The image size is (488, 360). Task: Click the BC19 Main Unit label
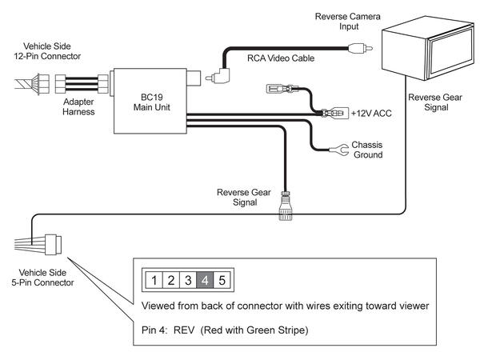(x=151, y=102)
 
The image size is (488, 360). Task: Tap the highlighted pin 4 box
(x=205, y=280)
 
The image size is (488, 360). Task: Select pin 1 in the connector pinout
(x=154, y=280)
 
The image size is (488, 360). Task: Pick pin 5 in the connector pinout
(x=222, y=280)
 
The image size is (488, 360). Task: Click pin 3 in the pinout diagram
(x=188, y=280)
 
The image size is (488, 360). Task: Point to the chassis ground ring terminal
(x=339, y=150)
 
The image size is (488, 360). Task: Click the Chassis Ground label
(x=367, y=150)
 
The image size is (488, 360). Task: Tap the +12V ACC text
(x=371, y=114)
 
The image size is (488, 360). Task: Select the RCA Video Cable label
(x=281, y=58)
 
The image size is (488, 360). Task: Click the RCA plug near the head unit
(x=360, y=48)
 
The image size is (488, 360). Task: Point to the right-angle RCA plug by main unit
(x=218, y=76)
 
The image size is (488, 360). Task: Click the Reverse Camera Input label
(x=348, y=21)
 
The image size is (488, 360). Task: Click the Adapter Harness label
(x=78, y=106)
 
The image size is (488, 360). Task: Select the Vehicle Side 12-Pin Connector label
(x=47, y=51)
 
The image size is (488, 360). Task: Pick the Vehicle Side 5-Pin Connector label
(x=42, y=278)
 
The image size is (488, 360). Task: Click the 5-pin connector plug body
(x=54, y=245)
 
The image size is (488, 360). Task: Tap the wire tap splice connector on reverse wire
(x=286, y=206)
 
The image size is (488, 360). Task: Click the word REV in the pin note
(x=184, y=330)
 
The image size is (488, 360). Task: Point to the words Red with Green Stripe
(x=254, y=330)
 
